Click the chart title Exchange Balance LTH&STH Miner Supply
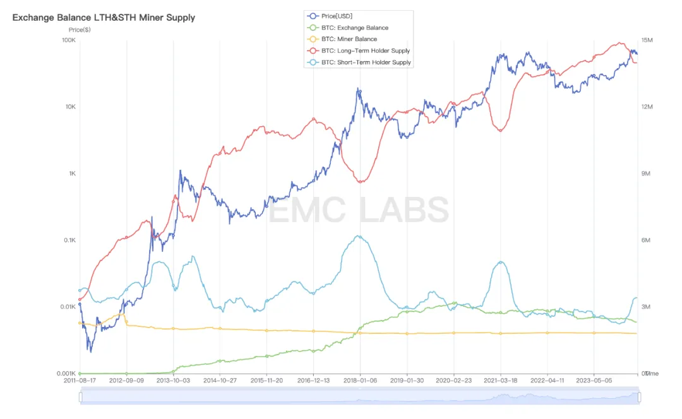[x=104, y=18]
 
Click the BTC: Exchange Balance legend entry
[x=354, y=28]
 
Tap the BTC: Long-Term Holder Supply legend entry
[x=365, y=50]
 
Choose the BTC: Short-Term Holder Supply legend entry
[x=366, y=62]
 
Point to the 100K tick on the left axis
[x=68, y=40]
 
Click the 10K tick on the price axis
[x=70, y=107]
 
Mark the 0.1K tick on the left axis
[x=68, y=240]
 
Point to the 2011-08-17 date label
[x=80, y=381]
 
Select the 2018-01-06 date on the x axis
[x=360, y=381]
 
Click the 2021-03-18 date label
[x=500, y=381]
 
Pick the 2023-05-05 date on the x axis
[x=594, y=381]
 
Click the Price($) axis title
[x=80, y=30]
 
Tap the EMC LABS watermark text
[x=359, y=210]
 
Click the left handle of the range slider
[x=80, y=397]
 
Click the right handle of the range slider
[x=639, y=397]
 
